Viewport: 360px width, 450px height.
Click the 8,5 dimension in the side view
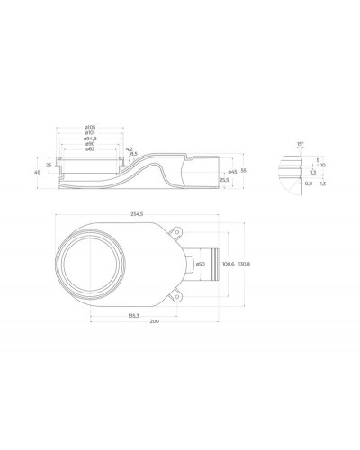coord(133,154)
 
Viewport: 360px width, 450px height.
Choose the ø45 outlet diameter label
coord(232,171)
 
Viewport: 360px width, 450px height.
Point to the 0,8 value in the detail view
coord(310,184)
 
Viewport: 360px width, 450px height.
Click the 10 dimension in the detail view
coord(322,166)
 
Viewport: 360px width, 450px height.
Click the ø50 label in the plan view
coord(202,263)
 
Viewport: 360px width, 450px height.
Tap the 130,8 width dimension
coord(254,263)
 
